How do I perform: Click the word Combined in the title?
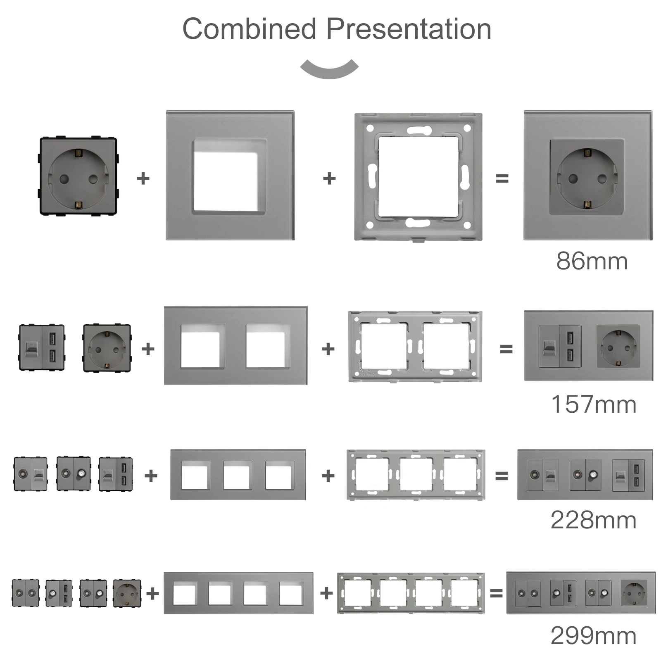(x=249, y=29)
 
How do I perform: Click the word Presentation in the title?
(x=409, y=29)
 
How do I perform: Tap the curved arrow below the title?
(x=329, y=69)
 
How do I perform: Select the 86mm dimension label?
(x=592, y=261)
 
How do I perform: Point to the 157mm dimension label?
(x=593, y=404)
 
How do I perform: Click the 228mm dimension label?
(x=593, y=520)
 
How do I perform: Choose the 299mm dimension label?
(x=593, y=636)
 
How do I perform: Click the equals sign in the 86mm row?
(x=502, y=178)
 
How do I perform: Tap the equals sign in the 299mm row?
(x=496, y=594)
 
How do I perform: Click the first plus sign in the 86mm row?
(x=143, y=178)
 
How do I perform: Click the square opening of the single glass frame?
(x=230, y=176)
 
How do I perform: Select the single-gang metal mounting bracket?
(x=418, y=177)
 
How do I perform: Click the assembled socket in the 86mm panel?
(x=587, y=177)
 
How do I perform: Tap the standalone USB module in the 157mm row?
(x=42, y=347)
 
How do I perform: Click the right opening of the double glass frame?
(x=268, y=345)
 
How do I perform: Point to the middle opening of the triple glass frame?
(x=238, y=475)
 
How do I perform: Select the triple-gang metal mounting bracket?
(x=416, y=475)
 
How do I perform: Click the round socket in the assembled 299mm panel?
(x=634, y=593)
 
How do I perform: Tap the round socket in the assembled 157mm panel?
(x=618, y=346)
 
